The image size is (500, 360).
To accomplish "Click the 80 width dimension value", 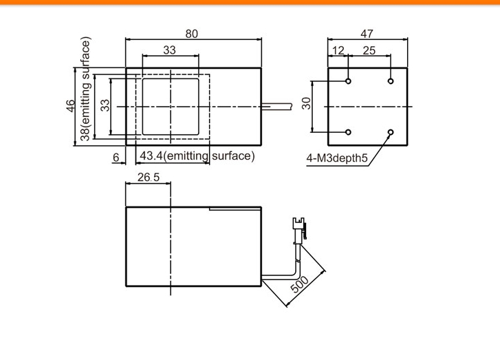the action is click(191, 34).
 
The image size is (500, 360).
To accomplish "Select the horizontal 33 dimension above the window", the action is click(169, 50).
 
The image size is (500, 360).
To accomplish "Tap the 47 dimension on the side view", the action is click(367, 34).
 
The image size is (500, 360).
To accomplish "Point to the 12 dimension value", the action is click(338, 50).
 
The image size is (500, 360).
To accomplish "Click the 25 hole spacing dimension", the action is click(369, 50).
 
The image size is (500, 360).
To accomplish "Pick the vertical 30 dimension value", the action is click(306, 103).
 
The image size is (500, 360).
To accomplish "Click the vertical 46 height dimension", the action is click(70, 106).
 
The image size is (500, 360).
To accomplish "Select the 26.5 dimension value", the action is click(149, 177).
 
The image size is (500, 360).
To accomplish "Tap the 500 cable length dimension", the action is click(300, 284).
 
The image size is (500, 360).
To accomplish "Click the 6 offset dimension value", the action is click(116, 158).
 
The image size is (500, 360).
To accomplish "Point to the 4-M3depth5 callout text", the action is click(337, 158).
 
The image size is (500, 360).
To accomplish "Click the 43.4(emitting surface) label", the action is click(197, 156).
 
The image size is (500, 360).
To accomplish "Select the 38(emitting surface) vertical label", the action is click(85, 89).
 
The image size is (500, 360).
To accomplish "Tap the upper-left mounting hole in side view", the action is click(348, 81).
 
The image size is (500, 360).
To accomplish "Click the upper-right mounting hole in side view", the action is click(391, 81).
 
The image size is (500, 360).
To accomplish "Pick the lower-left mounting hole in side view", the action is click(348, 132).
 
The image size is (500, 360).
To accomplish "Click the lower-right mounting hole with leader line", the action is click(391, 132).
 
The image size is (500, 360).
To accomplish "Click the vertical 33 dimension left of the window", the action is click(105, 105).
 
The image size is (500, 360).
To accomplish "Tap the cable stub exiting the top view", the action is click(276, 107).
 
